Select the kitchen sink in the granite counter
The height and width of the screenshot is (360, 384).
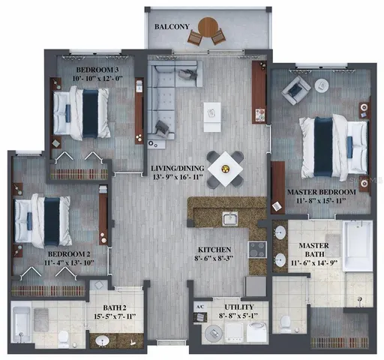pos(230,219)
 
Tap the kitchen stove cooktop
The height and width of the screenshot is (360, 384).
pos(258,250)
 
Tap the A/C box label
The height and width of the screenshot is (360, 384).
pos(199,307)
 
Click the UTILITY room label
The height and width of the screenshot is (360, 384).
pos(235,307)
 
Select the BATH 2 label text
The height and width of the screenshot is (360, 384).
pos(115,307)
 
